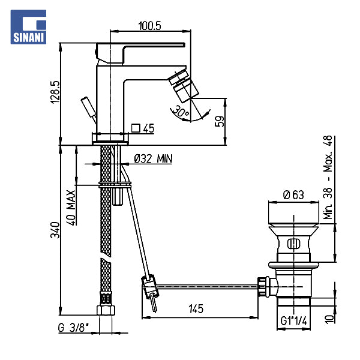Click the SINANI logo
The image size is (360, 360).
(x=28, y=27)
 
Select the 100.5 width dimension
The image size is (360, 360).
(x=149, y=25)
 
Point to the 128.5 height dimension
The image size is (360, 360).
(x=55, y=92)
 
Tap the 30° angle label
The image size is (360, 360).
(x=181, y=111)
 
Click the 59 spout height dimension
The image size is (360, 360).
(x=219, y=121)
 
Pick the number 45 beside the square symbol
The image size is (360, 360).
(x=149, y=128)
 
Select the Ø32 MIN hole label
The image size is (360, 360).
(x=153, y=158)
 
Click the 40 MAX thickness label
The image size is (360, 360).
(x=71, y=208)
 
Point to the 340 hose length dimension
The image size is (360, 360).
(x=55, y=230)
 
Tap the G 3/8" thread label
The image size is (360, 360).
(x=73, y=328)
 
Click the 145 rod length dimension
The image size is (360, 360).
(x=196, y=309)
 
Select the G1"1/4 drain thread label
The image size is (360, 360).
(x=293, y=321)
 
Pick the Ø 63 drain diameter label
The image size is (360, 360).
(x=293, y=195)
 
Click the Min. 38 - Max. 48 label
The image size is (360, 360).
(x=328, y=177)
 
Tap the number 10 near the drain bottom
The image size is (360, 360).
(x=329, y=319)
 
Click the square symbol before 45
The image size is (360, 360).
(x=136, y=128)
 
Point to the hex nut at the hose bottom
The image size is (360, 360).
(x=106, y=310)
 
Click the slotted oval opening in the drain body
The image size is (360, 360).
(x=293, y=244)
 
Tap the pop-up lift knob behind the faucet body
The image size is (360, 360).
(x=89, y=110)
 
